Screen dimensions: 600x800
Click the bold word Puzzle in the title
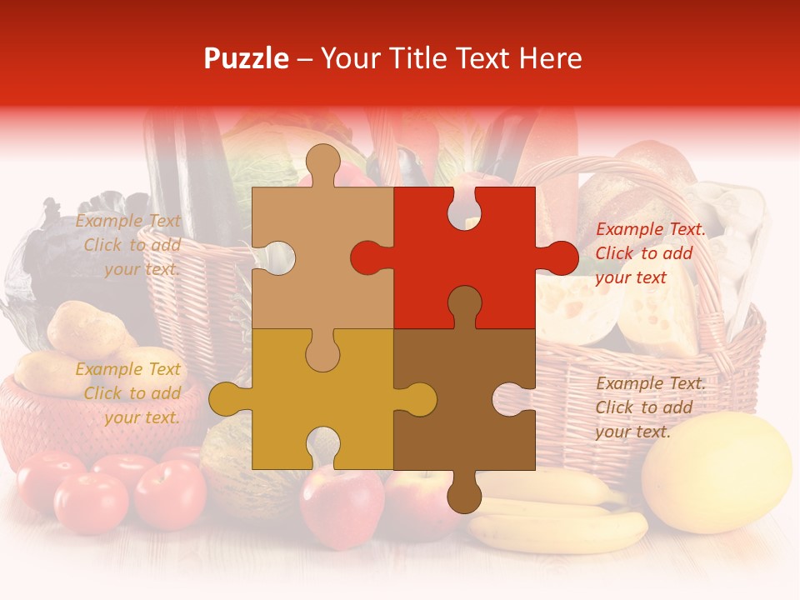247,58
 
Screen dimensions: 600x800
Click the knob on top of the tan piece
322,162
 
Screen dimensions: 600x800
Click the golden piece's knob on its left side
227,398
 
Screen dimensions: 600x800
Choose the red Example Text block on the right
649,253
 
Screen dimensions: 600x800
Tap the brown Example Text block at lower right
649,407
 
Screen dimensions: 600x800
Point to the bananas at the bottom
558,517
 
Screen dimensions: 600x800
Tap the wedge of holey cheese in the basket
658,308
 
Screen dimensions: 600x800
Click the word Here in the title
549,58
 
